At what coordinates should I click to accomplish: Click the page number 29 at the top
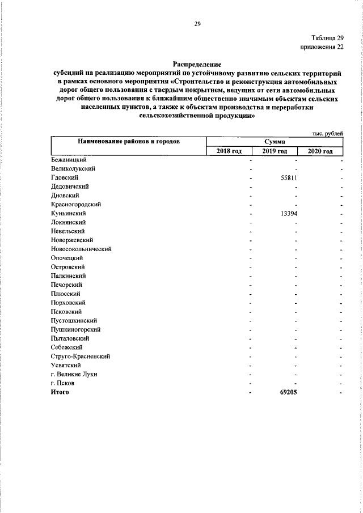coord(198,23)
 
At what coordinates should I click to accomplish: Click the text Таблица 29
coord(327,38)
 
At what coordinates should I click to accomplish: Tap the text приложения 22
coord(322,47)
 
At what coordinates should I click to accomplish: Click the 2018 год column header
coord(229,151)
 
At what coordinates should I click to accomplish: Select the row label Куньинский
coord(68,213)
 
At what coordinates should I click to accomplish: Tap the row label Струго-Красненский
coord(80,356)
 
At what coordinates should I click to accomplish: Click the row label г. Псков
coord(62,383)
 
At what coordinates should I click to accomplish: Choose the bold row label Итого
coord(60,392)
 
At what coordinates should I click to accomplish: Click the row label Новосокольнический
coord(81,249)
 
